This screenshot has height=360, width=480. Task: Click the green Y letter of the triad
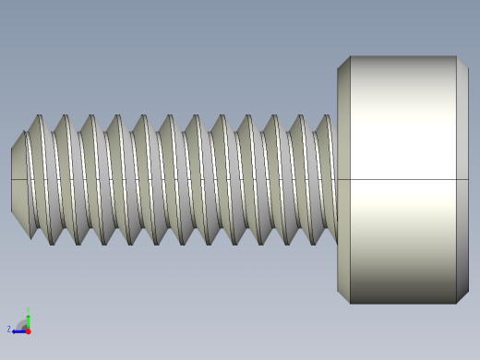29,310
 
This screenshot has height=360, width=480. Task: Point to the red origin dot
28,330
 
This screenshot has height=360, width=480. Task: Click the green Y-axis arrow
28,320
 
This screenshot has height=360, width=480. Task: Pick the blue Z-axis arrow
18,330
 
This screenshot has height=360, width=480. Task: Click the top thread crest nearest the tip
39,117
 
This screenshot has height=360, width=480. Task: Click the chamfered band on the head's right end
462,180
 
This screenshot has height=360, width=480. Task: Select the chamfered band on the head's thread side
343,180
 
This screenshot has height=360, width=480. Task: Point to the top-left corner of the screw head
350,56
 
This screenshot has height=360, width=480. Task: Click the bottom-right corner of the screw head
456,304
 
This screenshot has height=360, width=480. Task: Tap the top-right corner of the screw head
456,56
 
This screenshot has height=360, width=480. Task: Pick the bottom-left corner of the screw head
350,304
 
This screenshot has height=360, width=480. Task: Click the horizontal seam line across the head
402,179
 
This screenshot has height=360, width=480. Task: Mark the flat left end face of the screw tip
12,179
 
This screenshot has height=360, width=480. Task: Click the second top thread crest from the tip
65,117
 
